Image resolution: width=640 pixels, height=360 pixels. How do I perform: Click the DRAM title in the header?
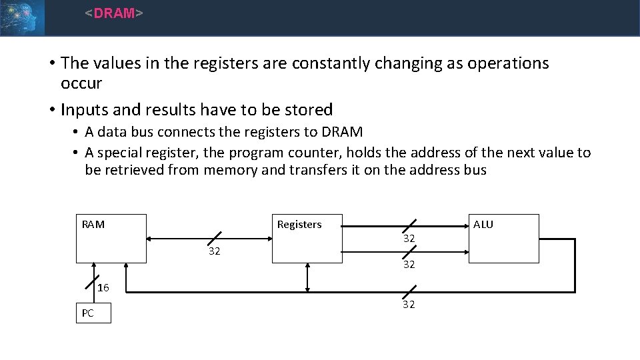point(114,13)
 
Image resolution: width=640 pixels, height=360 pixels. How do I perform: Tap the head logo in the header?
point(22,17)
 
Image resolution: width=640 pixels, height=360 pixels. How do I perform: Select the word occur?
point(81,83)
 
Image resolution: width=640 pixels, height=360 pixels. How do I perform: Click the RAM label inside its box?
point(93,225)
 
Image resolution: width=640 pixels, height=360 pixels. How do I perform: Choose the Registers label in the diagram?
point(299,225)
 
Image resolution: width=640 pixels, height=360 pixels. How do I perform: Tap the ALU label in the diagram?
point(483,225)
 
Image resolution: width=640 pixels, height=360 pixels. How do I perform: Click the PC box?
point(93,313)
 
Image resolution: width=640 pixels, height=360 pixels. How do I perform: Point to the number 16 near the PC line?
point(103,288)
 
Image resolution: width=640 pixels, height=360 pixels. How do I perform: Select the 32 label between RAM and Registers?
point(214,251)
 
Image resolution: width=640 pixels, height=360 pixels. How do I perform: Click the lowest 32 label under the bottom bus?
point(409,305)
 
